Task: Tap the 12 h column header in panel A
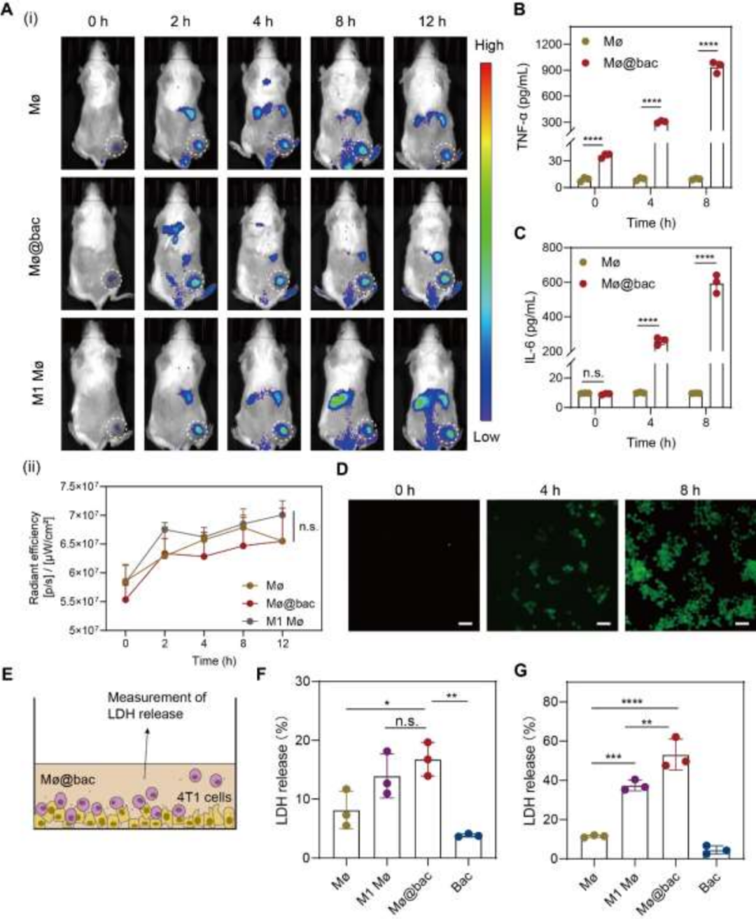(431, 22)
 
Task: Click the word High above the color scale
(489, 46)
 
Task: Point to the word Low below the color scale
(486, 436)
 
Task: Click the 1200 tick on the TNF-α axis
(549, 45)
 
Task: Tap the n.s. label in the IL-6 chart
(593, 374)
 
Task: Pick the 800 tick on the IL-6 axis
(552, 248)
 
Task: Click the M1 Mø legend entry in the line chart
(284, 621)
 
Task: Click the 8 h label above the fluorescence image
(689, 490)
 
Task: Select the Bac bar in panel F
(468, 846)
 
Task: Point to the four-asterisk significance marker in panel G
(631, 702)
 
